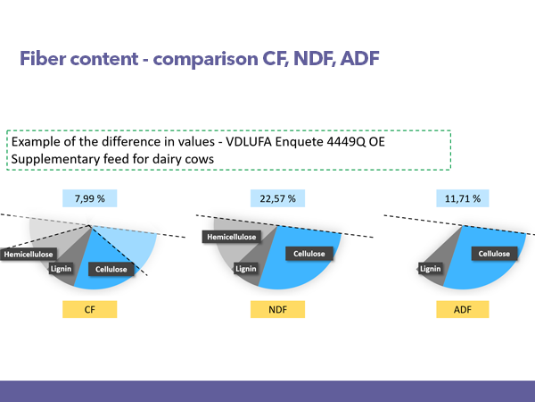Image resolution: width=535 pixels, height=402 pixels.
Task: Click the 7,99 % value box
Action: click(x=90, y=198)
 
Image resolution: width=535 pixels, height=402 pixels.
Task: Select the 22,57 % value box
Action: click(x=277, y=198)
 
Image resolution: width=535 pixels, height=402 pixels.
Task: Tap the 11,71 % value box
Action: click(x=463, y=198)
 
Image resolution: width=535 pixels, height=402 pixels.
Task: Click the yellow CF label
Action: click(x=90, y=309)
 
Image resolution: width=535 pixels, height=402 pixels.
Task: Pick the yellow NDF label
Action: click(x=277, y=309)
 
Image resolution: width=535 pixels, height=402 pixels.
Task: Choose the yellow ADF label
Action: click(x=463, y=309)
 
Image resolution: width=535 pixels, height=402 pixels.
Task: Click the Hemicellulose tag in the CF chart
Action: click(x=29, y=255)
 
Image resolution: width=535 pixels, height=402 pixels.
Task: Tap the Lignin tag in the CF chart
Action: click(x=61, y=269)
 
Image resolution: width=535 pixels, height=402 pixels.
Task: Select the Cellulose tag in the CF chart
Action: click(x=111, y=270)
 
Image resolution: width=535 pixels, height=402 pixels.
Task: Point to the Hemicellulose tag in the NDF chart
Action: click(x=232, y=237)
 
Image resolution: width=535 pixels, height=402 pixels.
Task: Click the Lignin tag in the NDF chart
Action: click(x=246, y=269)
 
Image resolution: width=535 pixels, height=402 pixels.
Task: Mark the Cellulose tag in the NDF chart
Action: click(x=309, y=254)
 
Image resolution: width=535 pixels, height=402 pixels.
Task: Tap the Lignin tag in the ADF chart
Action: click(x=431, y=269)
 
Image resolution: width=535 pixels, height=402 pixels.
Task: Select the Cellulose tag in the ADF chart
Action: click(x=494, y=254)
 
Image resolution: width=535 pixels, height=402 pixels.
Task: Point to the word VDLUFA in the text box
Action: click(x=249, y=141)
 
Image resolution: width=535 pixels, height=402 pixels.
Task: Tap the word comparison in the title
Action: click(x=205, y=59)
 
